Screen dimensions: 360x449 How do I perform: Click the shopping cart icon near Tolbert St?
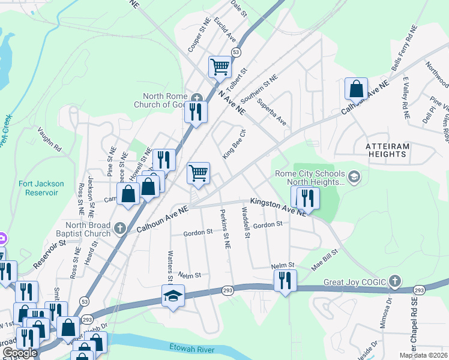pos(220,66)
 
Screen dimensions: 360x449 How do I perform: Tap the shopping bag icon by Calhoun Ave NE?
pos(356,89)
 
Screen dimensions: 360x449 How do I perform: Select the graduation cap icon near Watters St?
pos(172,295)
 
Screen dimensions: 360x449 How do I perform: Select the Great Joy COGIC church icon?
pos(394,280)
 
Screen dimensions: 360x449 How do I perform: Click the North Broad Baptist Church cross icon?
pos(120,227)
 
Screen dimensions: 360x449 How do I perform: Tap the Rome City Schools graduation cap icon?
pos(354,176)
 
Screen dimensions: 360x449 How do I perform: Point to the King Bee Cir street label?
pos(235,145)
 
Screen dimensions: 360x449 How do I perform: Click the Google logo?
pos(20,353)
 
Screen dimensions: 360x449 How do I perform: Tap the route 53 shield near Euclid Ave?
pos(237,53)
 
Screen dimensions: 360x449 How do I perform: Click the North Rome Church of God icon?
pos(197,96)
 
